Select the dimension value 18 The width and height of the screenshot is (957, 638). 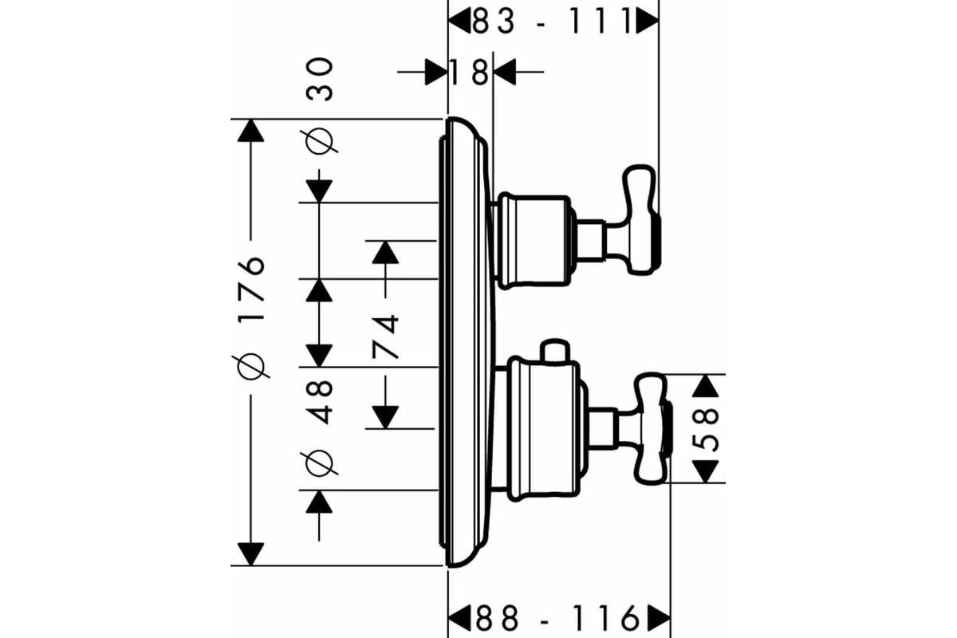click(x=469, y=73)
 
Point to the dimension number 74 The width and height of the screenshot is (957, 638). click(x=386, y=337)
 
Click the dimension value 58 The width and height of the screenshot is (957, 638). click(x=704, y=430)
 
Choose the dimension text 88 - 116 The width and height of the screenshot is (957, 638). click(x=558, y=617)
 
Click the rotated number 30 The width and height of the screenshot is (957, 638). click(x=320, y=80)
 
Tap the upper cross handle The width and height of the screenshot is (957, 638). click(x=634, y=219)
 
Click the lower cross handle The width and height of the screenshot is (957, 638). click(x=644, y=429)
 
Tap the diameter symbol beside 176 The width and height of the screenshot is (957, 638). click(x=251, y=365)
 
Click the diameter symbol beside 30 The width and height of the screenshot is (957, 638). click(x=320, y=140)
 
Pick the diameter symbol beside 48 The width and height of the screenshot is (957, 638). click(x=320, y=462)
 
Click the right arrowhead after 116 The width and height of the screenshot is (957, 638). click(x=659, y=618)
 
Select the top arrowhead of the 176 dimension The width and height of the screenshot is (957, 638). click(x=250, y=131)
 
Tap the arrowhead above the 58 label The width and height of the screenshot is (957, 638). click(x=705, y=386)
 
